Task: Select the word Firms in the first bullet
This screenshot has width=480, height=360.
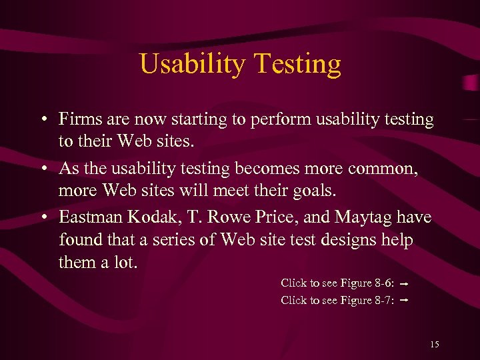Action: tap(78, 120)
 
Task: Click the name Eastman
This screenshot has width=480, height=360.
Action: tap(88, 218)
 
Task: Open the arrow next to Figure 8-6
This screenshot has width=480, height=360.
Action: tap(404, 284)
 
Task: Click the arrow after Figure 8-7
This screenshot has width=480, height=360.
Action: tap(404, 301)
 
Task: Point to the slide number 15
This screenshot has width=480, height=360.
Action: tap(435, 345)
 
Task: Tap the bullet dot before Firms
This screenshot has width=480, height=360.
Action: tap(43, 121)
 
